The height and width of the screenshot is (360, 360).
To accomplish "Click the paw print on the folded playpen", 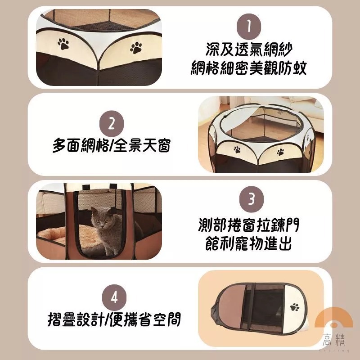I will (295, 308).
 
